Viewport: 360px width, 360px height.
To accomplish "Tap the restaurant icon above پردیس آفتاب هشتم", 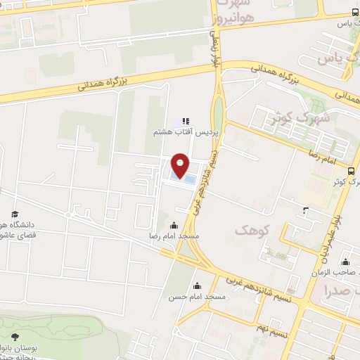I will tap(186, 120).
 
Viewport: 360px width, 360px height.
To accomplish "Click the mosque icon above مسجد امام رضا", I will tap(174, 226).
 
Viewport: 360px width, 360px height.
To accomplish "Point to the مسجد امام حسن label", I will tap(203, 297).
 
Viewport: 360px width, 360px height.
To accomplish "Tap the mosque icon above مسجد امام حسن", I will tap(197, 285).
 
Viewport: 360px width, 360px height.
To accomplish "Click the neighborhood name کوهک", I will tap(250, 230).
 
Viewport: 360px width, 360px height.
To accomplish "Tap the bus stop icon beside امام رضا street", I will tap(328, 160).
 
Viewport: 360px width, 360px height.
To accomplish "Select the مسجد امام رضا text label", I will tap(174, 237).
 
